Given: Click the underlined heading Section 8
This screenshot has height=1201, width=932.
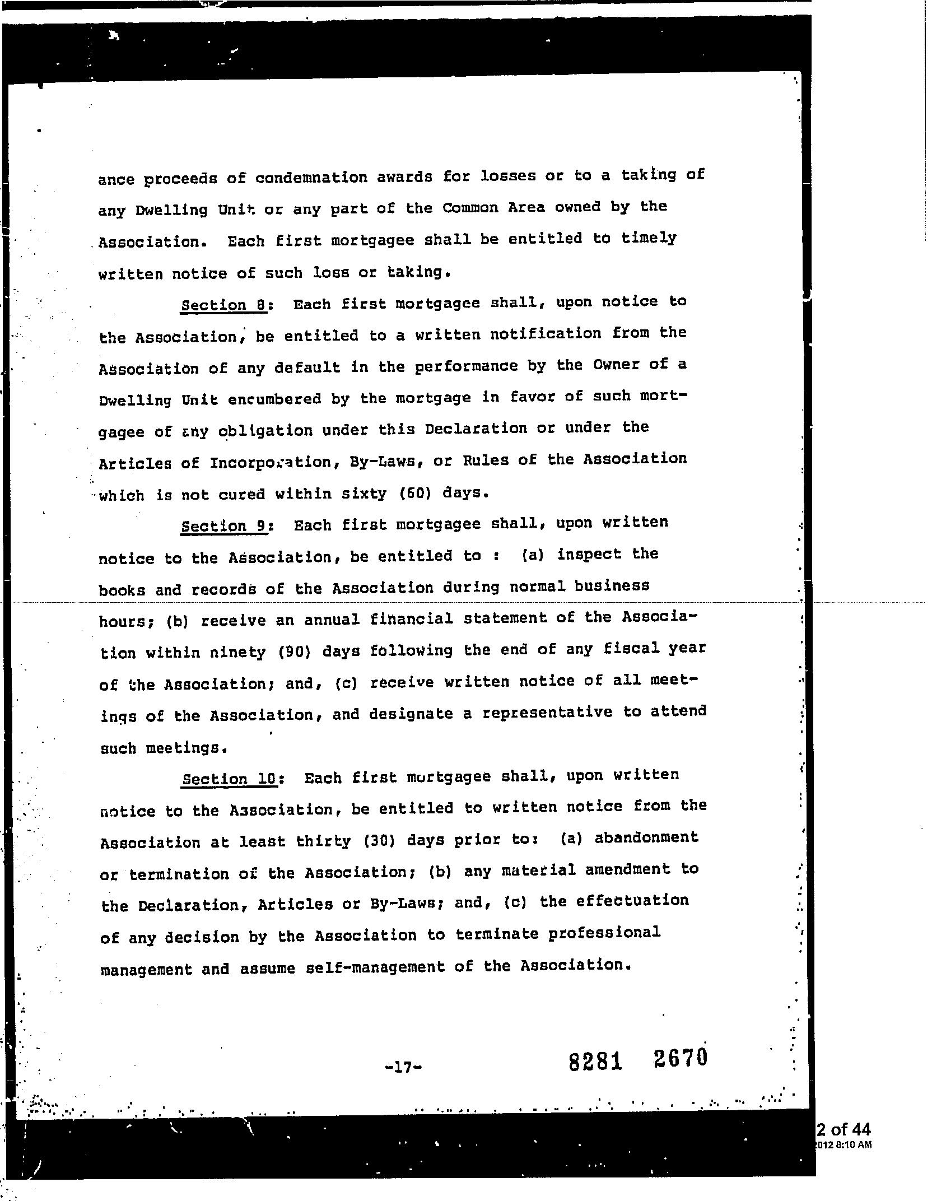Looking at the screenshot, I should point(223,305).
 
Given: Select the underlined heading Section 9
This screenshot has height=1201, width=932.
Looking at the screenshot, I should point(223,527).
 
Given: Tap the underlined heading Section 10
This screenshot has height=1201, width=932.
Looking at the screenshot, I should point(230,780).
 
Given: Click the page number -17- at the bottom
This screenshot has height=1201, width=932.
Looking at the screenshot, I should point(403,1067).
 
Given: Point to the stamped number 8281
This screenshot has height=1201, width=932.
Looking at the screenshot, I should point(595,1062).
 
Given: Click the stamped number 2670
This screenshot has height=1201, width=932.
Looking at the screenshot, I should point(680,1058).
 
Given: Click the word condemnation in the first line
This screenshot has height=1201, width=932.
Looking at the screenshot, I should point(319,178).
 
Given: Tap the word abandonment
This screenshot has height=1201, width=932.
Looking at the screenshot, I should point(646,838).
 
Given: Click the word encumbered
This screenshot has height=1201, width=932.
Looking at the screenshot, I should point(275,399).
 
